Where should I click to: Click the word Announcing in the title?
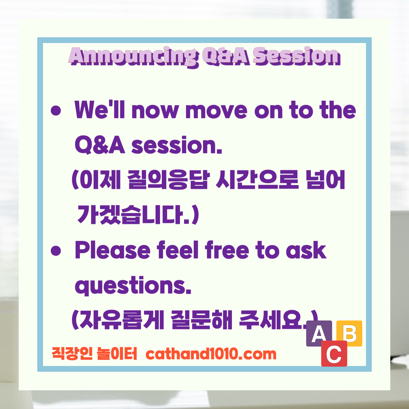[133, 56]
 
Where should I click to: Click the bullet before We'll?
[56, 111]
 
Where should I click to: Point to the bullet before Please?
[56, 251]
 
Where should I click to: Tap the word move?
[216, 110]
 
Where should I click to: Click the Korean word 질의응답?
[169, 180]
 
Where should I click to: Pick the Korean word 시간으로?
[257, 180]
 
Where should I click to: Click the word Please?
[112, 250]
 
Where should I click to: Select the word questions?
[133, 286]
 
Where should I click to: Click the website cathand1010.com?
[211, 354]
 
